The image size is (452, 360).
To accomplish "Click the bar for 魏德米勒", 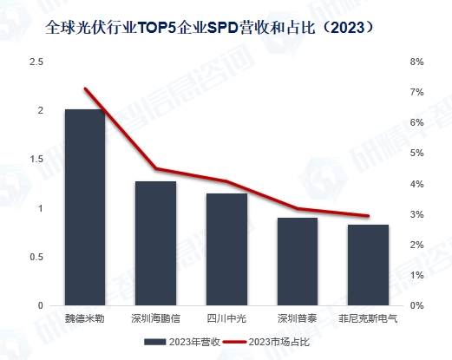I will coord(84,208).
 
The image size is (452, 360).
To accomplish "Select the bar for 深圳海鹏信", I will coord(155,244).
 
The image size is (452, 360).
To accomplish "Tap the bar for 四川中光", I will coord(226,250).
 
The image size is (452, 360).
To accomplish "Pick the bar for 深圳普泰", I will coord(297,262).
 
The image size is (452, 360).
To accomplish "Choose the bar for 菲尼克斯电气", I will coord(368,265).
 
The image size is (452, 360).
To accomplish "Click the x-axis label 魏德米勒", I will coord(84,318).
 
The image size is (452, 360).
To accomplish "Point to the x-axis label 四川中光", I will coord(226,318).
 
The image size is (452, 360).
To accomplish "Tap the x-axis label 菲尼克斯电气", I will coord(368,318).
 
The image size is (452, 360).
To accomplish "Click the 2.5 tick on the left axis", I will coord(36,62).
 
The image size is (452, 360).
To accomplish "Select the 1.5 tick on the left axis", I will coord(36,160).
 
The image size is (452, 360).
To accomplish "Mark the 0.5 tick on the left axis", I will coord(36,258).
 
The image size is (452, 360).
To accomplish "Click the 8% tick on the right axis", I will coord(416,62).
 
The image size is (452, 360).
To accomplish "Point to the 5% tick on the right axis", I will coord(416,154).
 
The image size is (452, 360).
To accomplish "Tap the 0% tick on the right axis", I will coord(416,306).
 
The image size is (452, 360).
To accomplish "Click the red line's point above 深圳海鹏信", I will coord(155,168).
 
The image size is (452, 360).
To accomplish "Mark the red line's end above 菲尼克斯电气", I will coord(368,216).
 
